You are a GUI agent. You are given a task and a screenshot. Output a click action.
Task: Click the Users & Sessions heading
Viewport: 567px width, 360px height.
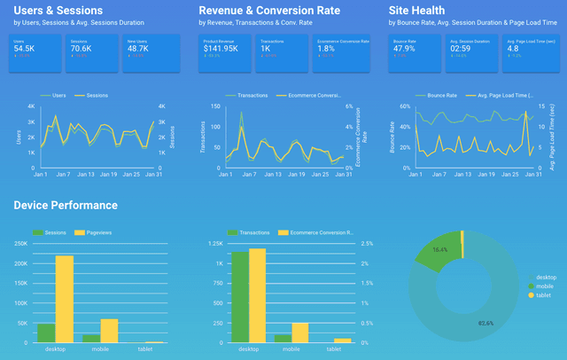point(56,10)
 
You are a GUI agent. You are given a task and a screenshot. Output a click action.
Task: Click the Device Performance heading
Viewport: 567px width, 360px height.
point(66,205)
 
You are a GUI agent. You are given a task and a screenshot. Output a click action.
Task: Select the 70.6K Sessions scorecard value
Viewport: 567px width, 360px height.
point(81,48)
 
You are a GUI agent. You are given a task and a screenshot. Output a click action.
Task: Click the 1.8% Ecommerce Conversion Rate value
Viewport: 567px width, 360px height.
point(325,48)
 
